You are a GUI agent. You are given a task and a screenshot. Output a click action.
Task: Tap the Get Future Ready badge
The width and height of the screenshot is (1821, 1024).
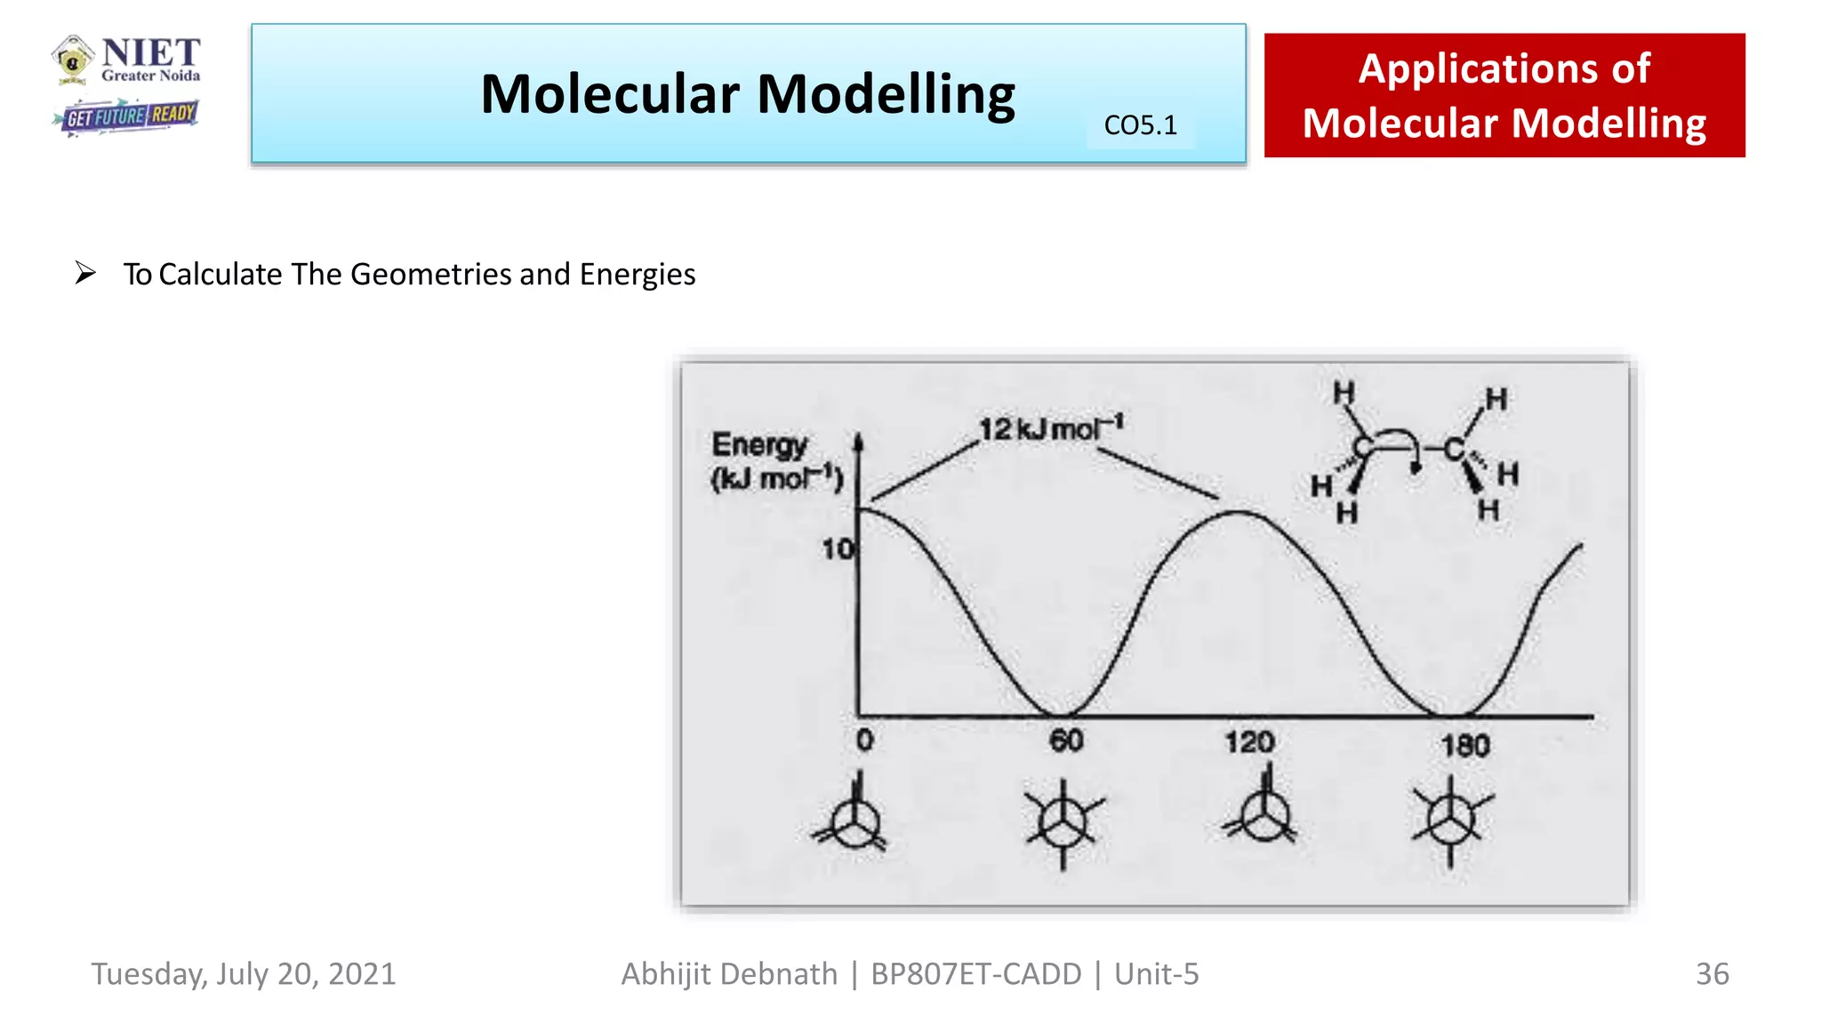[x=126, y=116]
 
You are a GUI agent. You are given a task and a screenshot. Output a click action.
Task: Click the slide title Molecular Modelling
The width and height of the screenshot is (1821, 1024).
[x=747, y=94]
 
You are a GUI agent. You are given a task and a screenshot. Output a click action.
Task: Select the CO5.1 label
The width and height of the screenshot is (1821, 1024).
[x=1140, y=125]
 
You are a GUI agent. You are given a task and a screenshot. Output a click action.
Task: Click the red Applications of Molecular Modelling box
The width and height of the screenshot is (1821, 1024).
[x=1504, y=95]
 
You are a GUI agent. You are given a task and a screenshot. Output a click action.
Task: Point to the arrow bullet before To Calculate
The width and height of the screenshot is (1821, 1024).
[x=85, y=273]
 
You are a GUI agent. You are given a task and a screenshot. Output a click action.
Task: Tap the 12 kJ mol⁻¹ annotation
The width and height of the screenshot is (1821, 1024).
[x=1051, y=428]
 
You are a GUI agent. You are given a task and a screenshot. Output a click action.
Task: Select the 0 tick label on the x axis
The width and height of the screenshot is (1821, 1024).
[x=864, y=740]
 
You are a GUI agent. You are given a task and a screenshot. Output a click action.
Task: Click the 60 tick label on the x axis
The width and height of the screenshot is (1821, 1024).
[x=1066, y=740]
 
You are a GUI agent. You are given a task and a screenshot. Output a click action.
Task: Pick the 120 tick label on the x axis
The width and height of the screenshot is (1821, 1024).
[x=1249, y=742]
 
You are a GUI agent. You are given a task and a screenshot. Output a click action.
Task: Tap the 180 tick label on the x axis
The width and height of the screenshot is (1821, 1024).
[x=1464, y=745]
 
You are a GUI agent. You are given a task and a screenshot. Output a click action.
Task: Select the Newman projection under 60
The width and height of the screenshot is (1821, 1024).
[x=1063, y=821]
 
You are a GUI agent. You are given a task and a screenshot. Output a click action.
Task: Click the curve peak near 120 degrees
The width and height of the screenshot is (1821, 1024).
[x=1240, y=512]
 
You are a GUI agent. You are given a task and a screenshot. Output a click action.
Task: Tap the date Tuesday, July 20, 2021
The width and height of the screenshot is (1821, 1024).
[x=243, y=974]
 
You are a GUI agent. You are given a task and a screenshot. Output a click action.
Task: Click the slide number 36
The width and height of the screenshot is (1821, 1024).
[x=1712, y=974]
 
